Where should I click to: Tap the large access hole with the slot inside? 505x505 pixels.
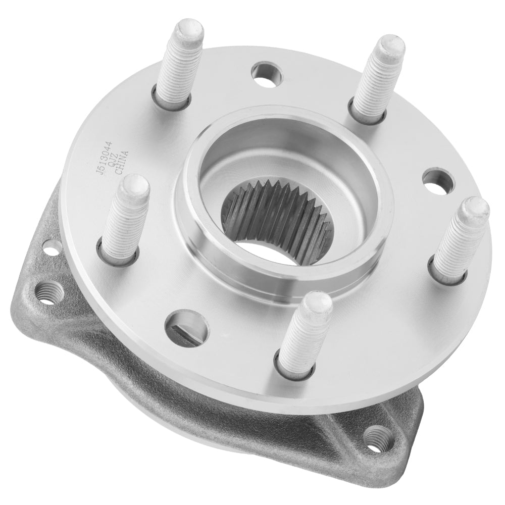pyautogui.click(x=186, y=328)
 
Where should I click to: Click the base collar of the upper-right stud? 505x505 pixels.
pyautogui.click(x=367, y=117)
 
